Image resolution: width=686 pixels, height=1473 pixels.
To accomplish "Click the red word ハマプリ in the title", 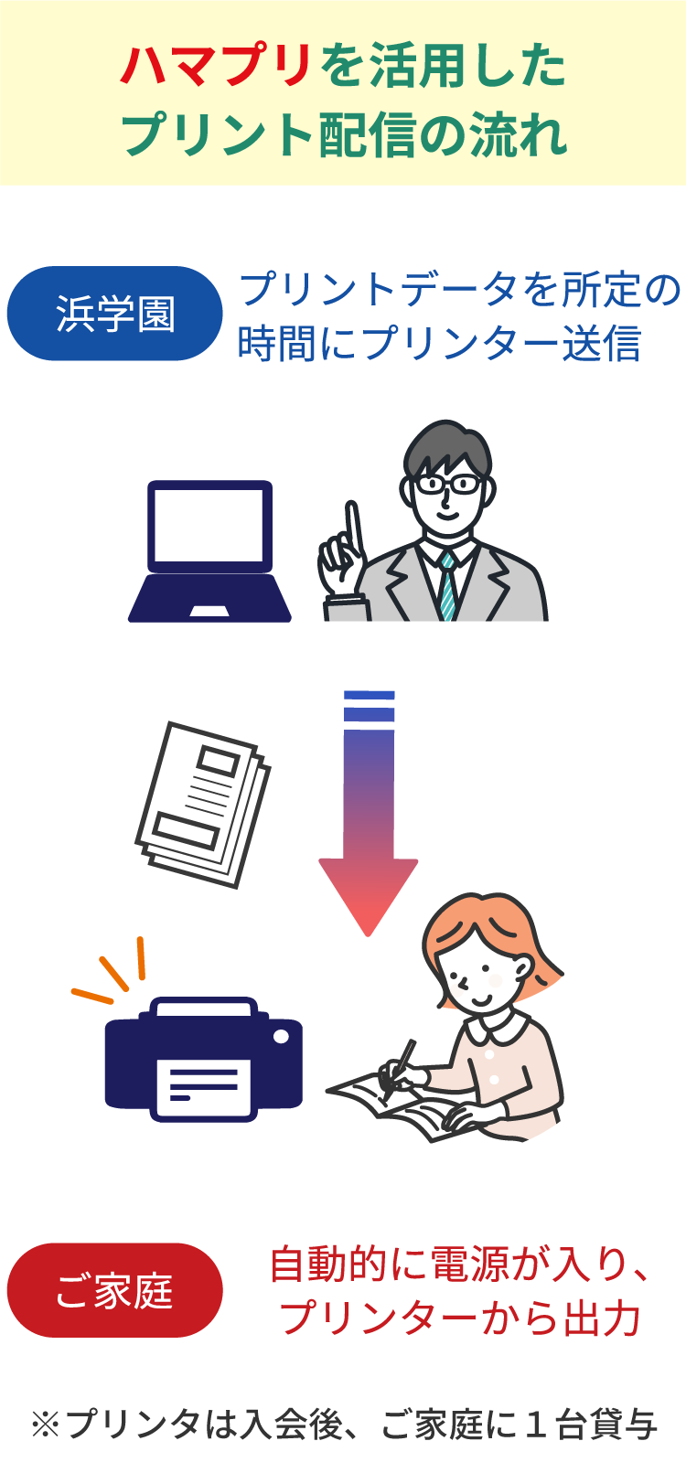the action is tap(215, 67).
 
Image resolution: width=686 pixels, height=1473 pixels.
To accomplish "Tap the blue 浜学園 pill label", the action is tap(115, 314).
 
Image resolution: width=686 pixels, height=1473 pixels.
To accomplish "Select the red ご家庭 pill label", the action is tap(115, 1290).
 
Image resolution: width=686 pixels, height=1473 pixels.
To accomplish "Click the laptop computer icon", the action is tap(209, 551).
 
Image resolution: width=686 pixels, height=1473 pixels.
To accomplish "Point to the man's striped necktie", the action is tap(449, 585).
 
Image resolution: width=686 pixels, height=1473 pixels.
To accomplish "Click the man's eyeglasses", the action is tap(447, 485).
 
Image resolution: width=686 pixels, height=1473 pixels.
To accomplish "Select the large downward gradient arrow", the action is tap(369, 814).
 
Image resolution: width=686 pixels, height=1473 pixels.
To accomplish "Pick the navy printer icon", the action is tap(204, 1060).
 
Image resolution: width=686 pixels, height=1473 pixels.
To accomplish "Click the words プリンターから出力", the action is tap(460, 1318).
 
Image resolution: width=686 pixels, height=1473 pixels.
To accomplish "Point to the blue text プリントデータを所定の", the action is tap(460, 289).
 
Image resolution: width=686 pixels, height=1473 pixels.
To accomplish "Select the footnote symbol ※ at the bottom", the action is tap(46, 1425).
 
